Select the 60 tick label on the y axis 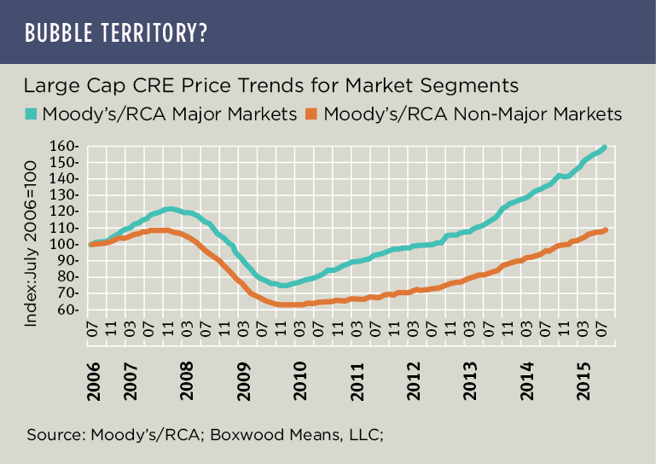coord(72,310)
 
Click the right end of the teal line coord(605,147)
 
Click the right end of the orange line coord(605,229)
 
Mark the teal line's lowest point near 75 coord(283,286)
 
